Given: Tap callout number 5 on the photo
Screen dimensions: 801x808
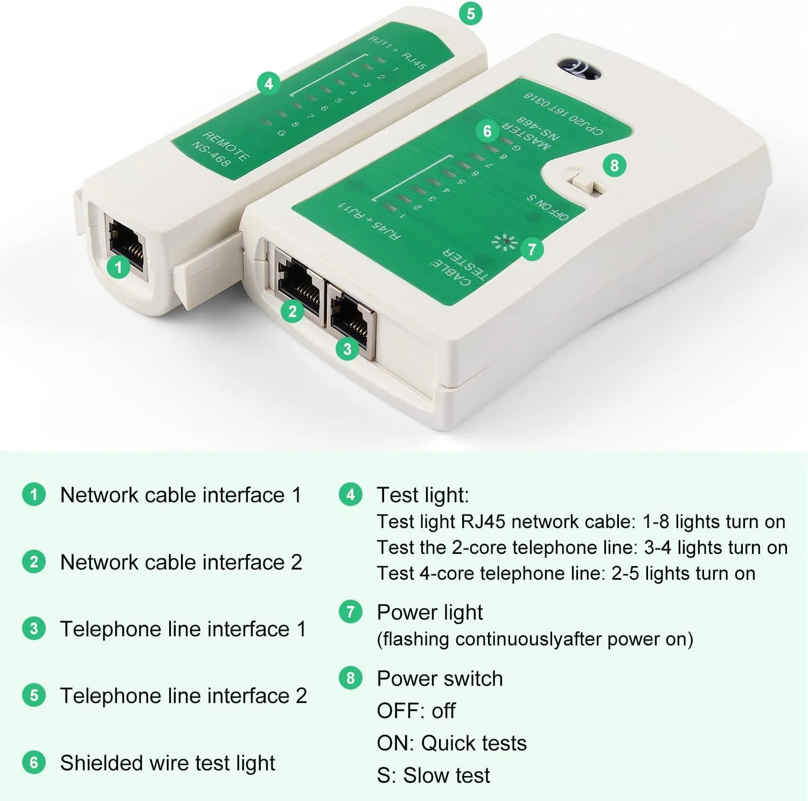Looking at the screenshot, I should (x=471, y=13).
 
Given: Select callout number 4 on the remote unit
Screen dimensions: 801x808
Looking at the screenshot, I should (x=268, y=83).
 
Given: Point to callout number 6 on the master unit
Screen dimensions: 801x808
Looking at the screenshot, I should (x=487, y=131).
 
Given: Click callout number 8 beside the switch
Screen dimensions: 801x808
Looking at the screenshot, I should (x=614, y=165).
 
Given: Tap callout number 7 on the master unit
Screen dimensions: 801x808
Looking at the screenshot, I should (x=532, y=249).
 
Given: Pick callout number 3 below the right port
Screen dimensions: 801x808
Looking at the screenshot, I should (x=347, y=349).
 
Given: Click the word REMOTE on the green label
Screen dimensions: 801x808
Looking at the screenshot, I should (x=226, y=145).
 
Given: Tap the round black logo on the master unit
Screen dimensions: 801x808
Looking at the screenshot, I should (x=579, y=69).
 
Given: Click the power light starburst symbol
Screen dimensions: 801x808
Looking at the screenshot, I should (x=505, y=242).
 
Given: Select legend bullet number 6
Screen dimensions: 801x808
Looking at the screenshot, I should (x=34, y=762).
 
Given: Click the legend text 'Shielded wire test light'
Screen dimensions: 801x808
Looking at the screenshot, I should (x=168, y=763).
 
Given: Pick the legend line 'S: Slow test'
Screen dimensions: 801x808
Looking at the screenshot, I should (x=433, y=775).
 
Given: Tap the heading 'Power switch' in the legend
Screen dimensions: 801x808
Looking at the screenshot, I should (x=440, y=678).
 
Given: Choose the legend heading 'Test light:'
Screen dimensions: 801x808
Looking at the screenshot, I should (x=423, y=495).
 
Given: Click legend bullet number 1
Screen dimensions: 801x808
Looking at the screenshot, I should (x=34, y=494).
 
